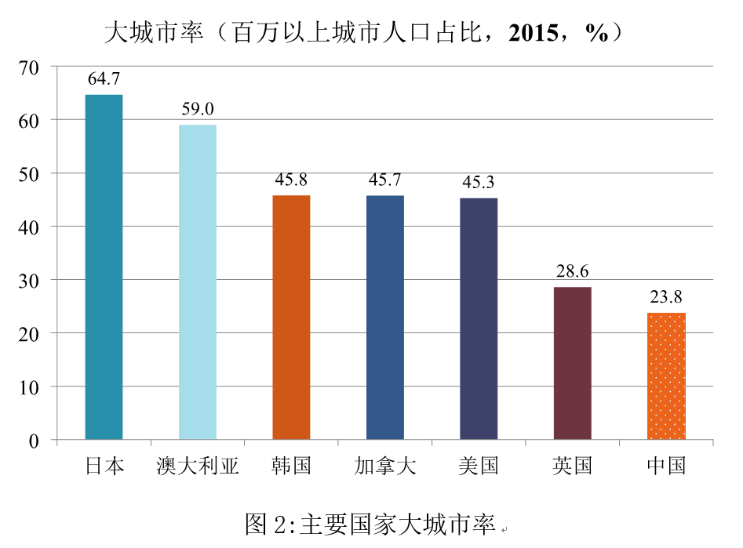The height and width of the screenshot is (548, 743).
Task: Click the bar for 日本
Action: pos(104,267)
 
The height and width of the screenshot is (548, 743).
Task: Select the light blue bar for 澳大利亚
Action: pos(197,282)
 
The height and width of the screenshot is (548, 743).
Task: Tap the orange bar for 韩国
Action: pos(291,318)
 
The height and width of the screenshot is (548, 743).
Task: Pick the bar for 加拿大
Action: pos(384,318)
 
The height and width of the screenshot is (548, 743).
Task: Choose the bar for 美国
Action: pos(479,319)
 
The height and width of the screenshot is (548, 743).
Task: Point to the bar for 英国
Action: pos(572,363)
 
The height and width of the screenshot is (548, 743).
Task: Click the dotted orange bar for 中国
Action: pos(666,376)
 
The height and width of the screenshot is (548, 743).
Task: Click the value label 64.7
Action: pos(104,79)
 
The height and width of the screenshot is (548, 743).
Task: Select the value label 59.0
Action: pos(197,109)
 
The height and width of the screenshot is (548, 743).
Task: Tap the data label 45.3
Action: pos(479,183)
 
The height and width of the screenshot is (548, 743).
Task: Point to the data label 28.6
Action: pos(572,271)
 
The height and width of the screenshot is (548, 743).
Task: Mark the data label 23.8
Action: pos(666,297)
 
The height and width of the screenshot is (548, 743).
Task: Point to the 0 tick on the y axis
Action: pos(34,441)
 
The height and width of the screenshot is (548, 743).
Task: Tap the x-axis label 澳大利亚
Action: pos(197,466)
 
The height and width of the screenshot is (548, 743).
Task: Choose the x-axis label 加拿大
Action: pos(384,466)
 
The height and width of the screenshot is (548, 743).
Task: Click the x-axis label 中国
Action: pos(666,466)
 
